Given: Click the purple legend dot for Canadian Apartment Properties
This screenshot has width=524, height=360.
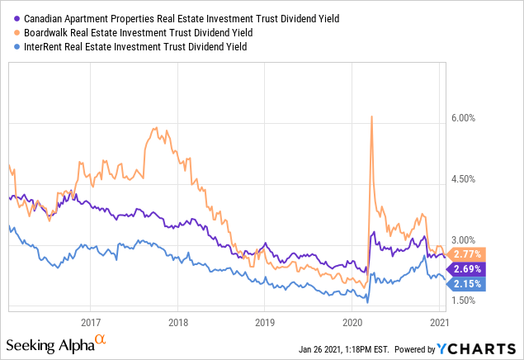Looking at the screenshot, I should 17,17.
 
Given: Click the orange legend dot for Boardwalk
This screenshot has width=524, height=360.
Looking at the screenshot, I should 17,31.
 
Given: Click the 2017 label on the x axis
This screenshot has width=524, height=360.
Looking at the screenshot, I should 91,322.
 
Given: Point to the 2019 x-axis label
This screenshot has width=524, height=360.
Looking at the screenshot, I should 264,322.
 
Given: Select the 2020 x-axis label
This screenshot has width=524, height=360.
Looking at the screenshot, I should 352,322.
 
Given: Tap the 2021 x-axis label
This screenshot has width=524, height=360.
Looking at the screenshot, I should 438,322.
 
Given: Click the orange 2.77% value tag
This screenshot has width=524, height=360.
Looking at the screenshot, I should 468,253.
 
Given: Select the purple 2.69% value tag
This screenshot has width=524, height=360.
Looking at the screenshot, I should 468,268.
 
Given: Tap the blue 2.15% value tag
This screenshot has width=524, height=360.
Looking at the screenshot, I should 468,284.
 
